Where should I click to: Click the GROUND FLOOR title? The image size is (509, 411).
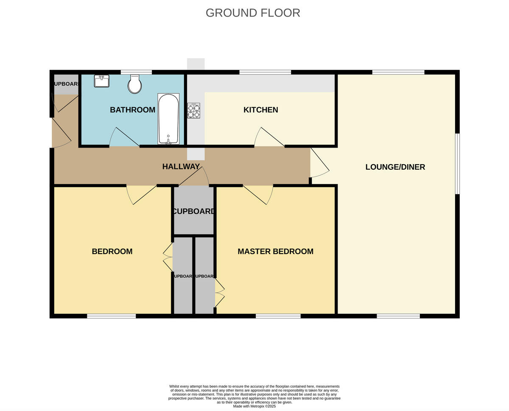pos(253,13)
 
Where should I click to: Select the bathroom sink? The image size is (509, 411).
pos(101,81)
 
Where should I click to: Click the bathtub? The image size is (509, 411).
pos(168,119)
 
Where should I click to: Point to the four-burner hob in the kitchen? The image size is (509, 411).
pos(193,110)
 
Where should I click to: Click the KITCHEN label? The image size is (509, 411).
pos(260,110)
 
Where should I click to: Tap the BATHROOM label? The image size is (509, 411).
pos(132,110)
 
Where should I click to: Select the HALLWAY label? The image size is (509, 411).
pos(181,167)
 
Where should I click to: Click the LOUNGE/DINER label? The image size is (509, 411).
pos(395,167)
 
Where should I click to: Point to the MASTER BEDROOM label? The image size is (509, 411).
pos(275,252)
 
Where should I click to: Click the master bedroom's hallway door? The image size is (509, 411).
pos(259,194)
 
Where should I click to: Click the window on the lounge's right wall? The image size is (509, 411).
pos(457,164)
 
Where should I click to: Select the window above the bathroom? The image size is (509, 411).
pos(136,72)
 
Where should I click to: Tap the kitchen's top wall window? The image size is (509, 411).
pos(265,72)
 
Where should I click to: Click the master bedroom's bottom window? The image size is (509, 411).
pos(278,316)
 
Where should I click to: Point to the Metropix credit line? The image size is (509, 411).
pos(255,406)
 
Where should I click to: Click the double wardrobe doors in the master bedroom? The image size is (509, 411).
pos(219,293)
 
